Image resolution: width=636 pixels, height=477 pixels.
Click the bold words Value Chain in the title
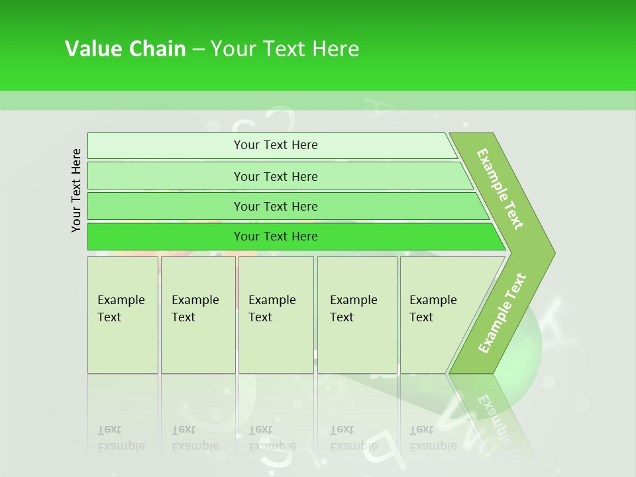coord(125,49)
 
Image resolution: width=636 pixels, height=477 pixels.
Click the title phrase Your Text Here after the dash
coord(285,49)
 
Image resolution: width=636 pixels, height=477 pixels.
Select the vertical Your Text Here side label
coord(76,191)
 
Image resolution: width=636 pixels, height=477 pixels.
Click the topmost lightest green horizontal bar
coord(272,146)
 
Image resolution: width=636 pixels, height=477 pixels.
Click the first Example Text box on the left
coord(123,315)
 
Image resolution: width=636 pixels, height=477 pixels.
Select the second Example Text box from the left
coord(197,315)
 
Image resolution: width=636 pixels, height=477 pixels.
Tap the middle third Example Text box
coord(276,315)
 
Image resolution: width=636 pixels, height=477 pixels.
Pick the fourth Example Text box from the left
coord(357,315)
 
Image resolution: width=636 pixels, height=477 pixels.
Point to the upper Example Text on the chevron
coord(500,189)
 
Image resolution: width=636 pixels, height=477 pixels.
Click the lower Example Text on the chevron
coord(502,313)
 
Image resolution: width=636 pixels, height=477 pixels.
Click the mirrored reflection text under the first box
coord(121,438)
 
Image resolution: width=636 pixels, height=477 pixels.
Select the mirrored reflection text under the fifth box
coord(433,438)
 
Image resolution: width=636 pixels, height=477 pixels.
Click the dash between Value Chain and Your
coord(198,50)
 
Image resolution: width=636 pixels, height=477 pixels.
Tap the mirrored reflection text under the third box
coord(272,438)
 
